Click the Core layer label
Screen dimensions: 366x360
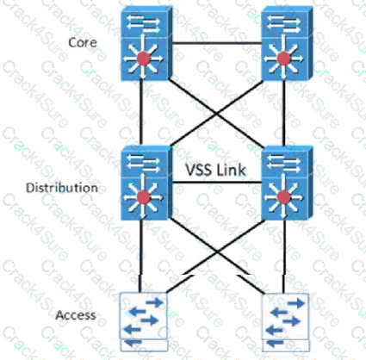tap(83, 43)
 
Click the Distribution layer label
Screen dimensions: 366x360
tap(62, 188)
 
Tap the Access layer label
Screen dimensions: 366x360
tap(76, 315)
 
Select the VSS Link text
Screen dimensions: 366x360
tap(216, 170)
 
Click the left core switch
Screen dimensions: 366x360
tap(146, 44)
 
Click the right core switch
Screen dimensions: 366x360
tap(287, 44)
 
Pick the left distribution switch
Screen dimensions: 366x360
tap(146, 183)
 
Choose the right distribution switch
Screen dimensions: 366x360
tap(287, 183)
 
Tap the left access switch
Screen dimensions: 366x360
tap(144, 322)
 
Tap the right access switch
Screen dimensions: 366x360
tap(286, 322)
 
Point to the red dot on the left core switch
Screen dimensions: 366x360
tap(143, 59)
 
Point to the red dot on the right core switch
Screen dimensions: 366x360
tap(283, 59)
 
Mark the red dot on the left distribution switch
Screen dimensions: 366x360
tap(143, 197)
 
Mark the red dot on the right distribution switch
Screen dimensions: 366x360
tap(283, 197)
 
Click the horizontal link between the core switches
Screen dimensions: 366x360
tap(217, 43)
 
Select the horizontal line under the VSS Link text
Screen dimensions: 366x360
tap(217, 183)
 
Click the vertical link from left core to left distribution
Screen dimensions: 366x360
tap(141, 113)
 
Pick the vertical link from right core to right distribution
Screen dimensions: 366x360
tap(283, 113)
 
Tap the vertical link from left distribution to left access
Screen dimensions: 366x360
tap(140, 257)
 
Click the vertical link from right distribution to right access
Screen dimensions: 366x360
tap(284, 257)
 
